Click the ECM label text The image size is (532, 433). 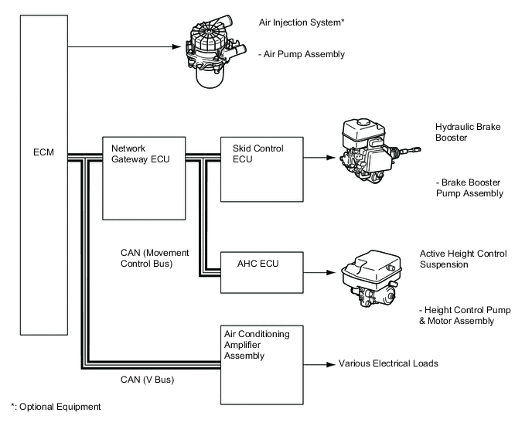pyautogui.click(x=44, y=153)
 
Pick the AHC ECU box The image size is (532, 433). pyautogui.click(x=263, y=271)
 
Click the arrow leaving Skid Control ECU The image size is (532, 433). pyautogui.click(x=321, y=159)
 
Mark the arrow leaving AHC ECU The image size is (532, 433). pyautogui.click(x=321, y=271)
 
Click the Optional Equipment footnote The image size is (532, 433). pyautogui.click(x=55, y=406)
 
